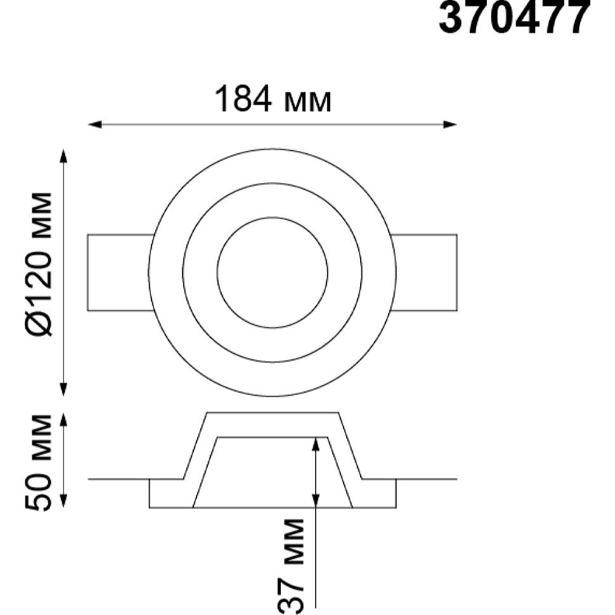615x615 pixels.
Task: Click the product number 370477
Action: pyautogui.click(x=514, y=17)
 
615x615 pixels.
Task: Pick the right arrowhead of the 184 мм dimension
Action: pyautogui.click(x=450, y=125)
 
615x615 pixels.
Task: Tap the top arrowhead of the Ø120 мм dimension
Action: pyautogui.click(x=63, y=155)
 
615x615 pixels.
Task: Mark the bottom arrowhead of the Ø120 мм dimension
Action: pyautogui.click(x=63, y=389)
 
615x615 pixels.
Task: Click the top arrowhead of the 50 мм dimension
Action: pyautogui.click(x=63, y=419)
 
